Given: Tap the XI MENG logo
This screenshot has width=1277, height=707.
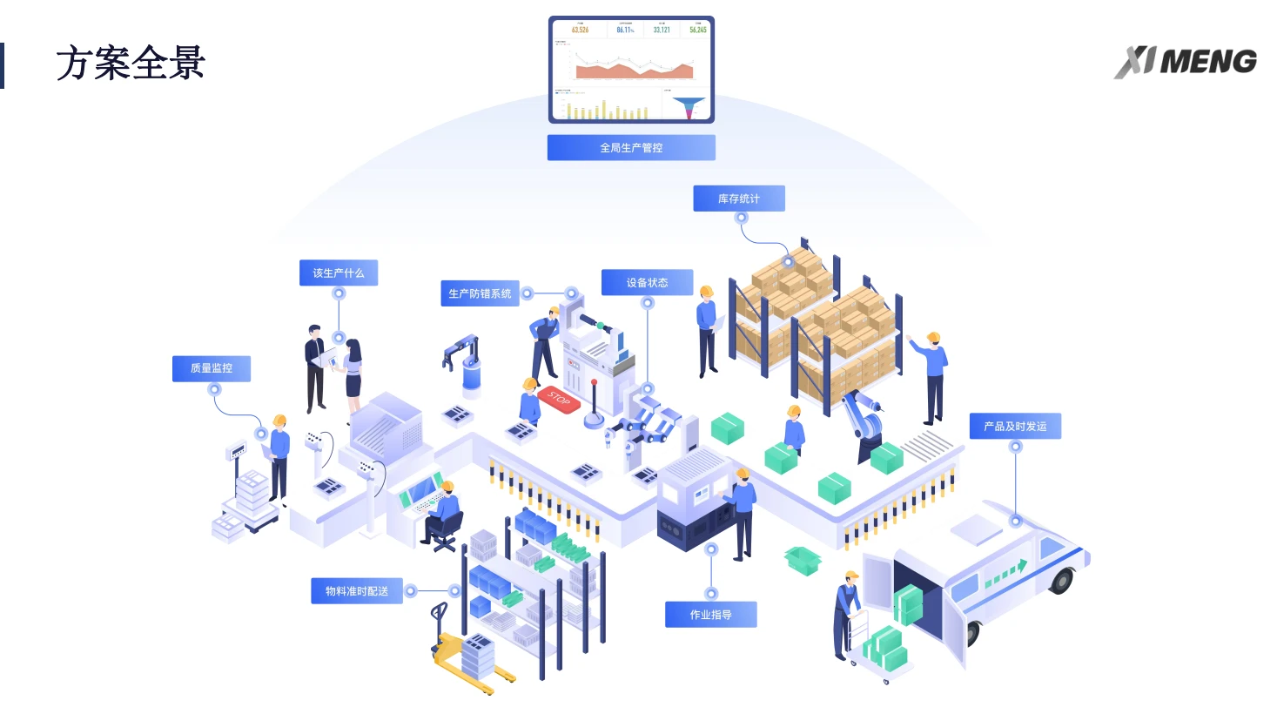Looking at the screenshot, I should pos(1185,62).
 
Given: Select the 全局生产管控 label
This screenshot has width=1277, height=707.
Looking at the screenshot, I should pos(631,148).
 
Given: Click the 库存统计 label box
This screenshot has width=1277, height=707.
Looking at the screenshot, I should pos(739,199).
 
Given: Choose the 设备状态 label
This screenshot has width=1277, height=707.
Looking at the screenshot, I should pos(647,282).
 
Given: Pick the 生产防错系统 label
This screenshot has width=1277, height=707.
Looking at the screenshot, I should pos(480,293).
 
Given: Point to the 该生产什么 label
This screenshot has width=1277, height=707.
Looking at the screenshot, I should pos(339,273).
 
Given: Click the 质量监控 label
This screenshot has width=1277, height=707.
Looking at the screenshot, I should pos(212,368).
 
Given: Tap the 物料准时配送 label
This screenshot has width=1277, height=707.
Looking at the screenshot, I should pos(357,591).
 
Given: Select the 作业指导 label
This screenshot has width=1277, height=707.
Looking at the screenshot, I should pos(710,615).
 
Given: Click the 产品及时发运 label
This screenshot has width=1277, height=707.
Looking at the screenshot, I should pos(1015,426).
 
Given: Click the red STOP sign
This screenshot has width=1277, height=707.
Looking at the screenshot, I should pos(559,401).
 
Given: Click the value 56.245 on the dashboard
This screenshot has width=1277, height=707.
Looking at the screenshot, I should pos(697,30).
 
